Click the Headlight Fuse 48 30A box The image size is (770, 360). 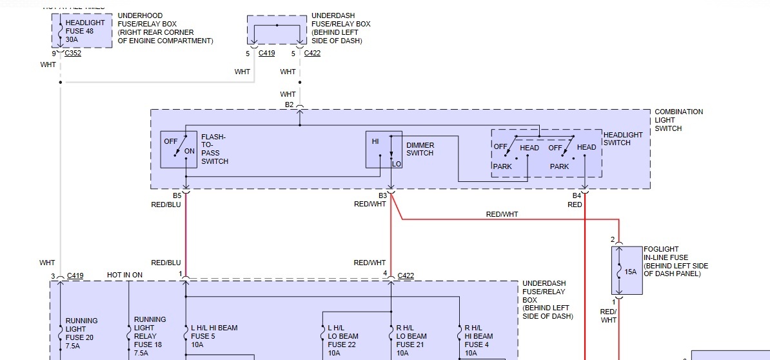pos(82,30)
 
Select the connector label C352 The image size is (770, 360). pos(73,54)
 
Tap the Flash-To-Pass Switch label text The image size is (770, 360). pos(214,149)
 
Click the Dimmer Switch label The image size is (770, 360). pos(420,149)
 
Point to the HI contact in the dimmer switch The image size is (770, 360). pos(375,141)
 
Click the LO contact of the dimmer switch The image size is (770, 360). pos(396,164)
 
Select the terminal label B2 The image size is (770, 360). pos(289,105)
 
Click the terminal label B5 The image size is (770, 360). pos(177,195)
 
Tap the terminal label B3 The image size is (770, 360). pos(382,195)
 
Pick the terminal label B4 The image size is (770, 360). pos(577,195)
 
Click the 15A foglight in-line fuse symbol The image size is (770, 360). pos(627,271)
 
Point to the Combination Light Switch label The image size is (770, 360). pos(678,120)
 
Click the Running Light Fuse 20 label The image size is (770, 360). pos(81,332)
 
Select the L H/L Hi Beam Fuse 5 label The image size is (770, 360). pos(214,336)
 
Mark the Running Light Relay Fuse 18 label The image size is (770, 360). pos(150,332)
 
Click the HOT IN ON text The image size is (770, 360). pos(124,275)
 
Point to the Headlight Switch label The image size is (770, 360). pos(623,139)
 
